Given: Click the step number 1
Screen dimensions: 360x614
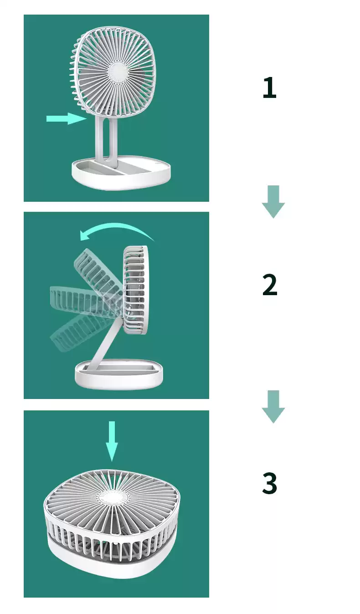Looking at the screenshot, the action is click(269, 88).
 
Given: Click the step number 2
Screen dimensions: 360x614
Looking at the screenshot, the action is click(270, 285).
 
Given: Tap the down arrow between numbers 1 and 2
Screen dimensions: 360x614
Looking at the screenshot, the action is click(273, 202).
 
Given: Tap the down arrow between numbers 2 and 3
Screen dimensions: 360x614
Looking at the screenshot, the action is click(273, 407).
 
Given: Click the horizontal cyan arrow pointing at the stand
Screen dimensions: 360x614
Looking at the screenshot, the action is click(67, 119).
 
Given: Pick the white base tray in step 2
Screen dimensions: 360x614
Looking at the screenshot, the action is click(119, 374).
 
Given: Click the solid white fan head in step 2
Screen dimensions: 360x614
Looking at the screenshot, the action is click(135, 290).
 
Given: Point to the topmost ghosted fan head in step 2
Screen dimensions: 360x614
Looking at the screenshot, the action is click(98, 272).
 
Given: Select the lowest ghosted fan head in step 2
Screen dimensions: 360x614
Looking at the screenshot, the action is click(82, 332).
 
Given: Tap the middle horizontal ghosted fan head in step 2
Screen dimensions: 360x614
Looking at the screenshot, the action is click(82, 300).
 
